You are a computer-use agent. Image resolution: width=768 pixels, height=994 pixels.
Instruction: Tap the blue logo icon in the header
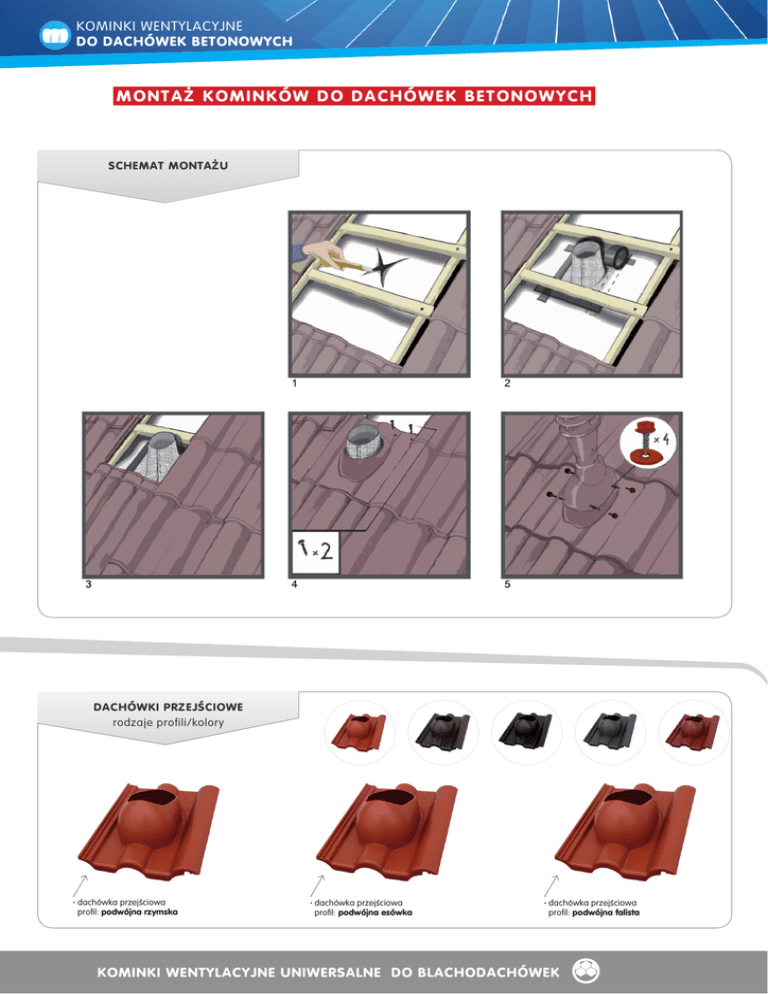point(55,35)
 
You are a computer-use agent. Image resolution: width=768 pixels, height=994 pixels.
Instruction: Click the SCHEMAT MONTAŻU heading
point(167,165)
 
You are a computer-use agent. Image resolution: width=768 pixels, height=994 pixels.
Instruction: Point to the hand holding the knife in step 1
point(320,253)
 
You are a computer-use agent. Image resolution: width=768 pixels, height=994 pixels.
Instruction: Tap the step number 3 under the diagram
point(88,584)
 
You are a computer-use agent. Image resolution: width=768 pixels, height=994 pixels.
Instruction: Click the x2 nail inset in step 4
point(315,552)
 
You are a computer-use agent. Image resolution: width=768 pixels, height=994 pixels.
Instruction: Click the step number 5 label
point(507,584)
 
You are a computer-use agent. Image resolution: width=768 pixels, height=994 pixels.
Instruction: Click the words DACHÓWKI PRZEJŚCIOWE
point(168,707)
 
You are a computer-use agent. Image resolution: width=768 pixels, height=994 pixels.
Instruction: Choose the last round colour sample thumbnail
point(694,734)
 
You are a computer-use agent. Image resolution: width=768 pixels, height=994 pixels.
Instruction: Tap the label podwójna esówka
point(375,913)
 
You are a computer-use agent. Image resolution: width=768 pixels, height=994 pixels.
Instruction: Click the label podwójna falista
point(606,913)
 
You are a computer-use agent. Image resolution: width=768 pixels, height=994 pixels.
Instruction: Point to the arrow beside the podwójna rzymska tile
point(80,885)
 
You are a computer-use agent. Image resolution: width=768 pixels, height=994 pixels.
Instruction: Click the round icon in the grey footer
point(585,971)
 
